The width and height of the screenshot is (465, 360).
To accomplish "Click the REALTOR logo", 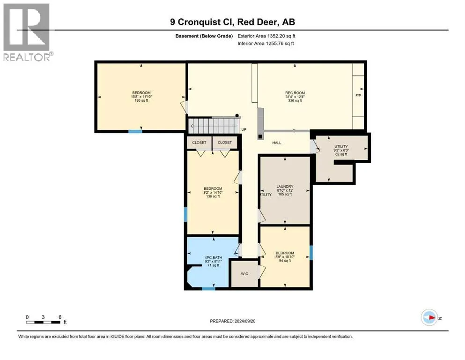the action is tap(27, 32).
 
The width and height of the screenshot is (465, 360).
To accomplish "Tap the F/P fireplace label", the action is tap(358, 96).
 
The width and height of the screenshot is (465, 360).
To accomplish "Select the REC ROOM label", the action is tap(295, 93).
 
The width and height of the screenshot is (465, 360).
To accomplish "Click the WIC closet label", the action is tap(244, 274).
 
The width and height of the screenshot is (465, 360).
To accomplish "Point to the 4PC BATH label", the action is tap(213, 258).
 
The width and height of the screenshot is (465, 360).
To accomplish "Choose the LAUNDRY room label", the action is tap(285, 187).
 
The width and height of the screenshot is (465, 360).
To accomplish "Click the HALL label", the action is tap(277, 143).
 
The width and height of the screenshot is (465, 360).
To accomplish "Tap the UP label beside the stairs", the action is tap(244, 130).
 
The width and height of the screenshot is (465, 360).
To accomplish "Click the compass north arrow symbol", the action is tap(429, 317).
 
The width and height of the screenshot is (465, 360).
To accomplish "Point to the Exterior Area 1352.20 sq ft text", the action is tap(266, 36).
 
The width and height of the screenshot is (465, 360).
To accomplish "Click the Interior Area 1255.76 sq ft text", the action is tap(266, 43).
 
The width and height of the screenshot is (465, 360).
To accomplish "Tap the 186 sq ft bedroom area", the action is tap(141, 101).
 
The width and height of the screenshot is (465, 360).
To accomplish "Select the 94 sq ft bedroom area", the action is tap(285, 261).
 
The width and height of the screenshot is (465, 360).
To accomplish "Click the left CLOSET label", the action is tap(199, 143).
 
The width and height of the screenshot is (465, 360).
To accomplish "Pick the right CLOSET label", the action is tap(224, 142).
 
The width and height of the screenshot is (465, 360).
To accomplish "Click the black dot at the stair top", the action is tap(237, 115).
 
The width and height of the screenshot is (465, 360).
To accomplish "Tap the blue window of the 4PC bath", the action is tap(208, 288).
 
